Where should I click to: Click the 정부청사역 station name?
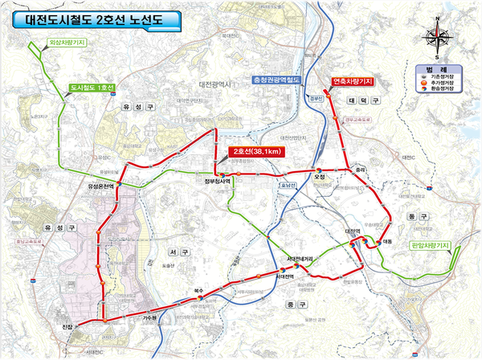(218, 181)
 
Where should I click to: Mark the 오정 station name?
(319, 177)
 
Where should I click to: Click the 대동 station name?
(388, 240)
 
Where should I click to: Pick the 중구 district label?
(291, 305)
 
